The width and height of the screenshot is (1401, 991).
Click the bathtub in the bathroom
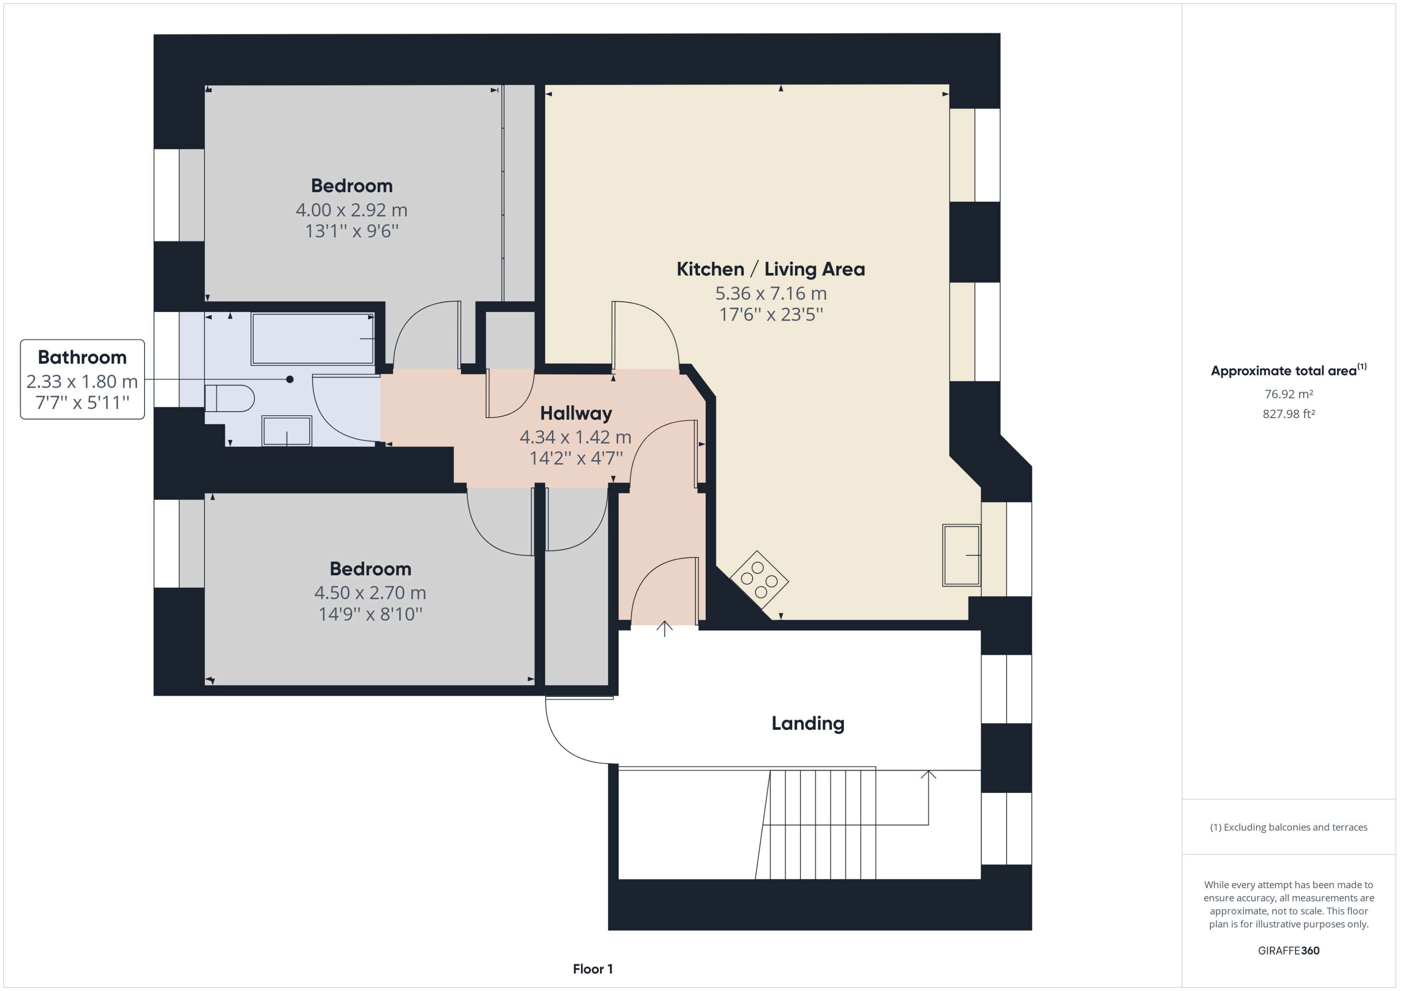313,339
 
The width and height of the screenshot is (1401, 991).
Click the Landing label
808,723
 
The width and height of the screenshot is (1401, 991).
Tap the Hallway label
576,413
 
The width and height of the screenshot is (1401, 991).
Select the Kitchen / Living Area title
771,269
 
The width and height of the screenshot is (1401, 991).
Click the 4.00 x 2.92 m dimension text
351,210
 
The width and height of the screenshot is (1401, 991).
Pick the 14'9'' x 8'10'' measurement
370,614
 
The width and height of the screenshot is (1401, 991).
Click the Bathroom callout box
82,380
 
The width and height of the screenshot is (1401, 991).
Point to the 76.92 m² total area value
1288,394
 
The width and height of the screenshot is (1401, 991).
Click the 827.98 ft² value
1288,414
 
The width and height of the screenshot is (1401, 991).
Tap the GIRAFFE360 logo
1288,950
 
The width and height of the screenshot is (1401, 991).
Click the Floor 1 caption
592,969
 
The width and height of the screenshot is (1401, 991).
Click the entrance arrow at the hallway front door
664,629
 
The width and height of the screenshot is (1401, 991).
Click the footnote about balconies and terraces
1288,827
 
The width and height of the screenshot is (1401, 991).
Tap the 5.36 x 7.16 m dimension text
771,294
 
